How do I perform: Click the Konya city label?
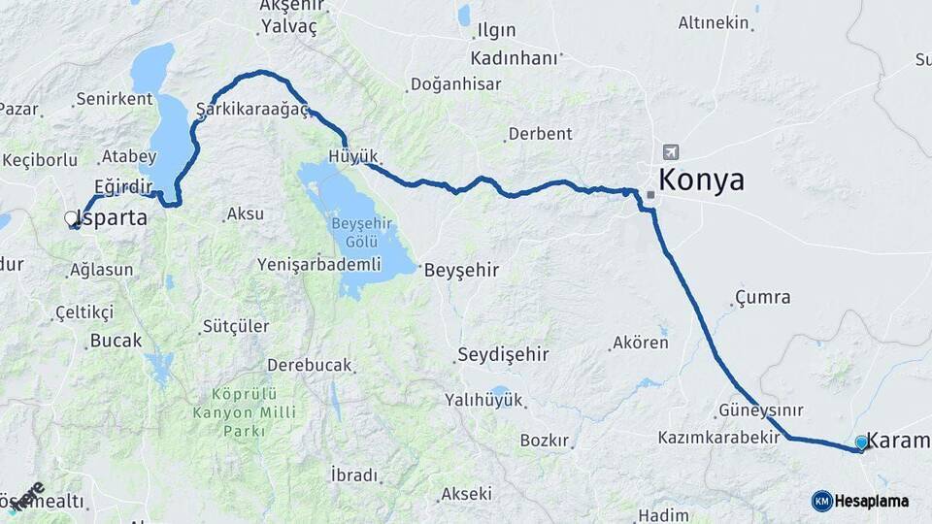tap(702, 180)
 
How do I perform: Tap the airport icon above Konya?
tap(670, 152)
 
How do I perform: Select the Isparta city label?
tap(113, 218)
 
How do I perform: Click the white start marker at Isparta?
tap(71, 219)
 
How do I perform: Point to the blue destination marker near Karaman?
tap(861, 442)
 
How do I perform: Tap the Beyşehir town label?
tap(461, 271)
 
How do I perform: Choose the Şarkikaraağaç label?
tap(252, 109)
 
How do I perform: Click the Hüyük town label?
tap(353, 156)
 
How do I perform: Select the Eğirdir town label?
tap(123, 185)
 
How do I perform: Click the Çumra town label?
tap(762, 298)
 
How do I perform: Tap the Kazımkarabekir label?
tap(719, 438)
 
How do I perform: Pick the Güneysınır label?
tap(762, 409)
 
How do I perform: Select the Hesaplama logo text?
tap(873, 501)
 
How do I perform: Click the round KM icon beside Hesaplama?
tap(822, 501)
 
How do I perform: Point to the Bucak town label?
tap(116, 341)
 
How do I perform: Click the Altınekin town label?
tap(714, 22)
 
